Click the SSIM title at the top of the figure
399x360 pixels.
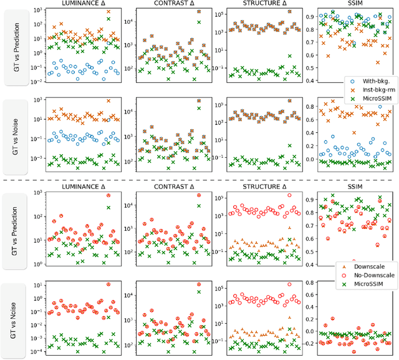click(x=349, y=4)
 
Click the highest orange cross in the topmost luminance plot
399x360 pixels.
click(x=109, y=12)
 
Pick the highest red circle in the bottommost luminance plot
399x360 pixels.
click(x=109, y=285)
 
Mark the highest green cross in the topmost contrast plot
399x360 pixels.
click(x=199, y=22)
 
